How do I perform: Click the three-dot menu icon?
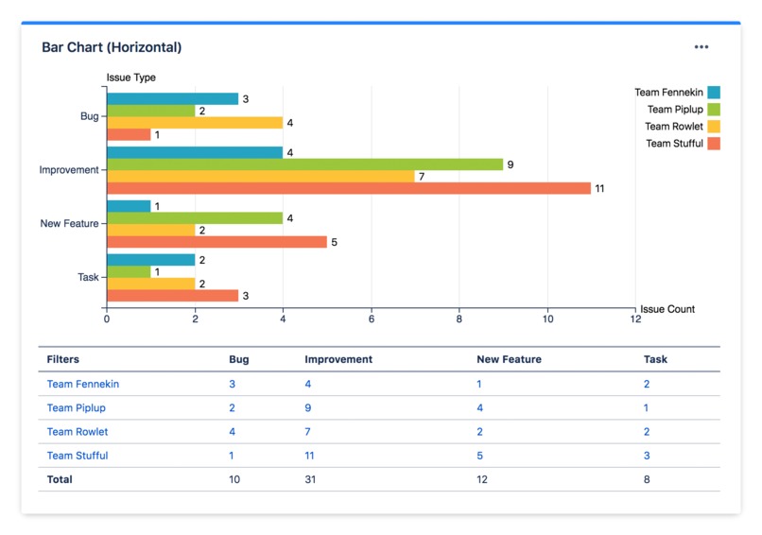coord(701,46)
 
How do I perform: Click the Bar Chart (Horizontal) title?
coord(112,47)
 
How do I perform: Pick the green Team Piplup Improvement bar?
coord(304,164)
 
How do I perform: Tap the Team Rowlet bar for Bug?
coord(195,123)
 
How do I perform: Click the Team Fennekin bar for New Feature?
coord(129,206)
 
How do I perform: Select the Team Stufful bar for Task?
coord(172,296)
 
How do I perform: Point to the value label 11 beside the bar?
coord(599,189)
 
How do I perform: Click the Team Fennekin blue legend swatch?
coord(714,93)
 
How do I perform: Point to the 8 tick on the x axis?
coord(459,319)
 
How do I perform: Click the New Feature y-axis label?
coord(69,224)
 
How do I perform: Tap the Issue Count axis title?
coord(667,309)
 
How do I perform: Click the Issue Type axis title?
coord(130,78)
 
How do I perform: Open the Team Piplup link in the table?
coord(77,408)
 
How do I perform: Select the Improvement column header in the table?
coord(338,359)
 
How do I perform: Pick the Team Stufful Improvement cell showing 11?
coord(310,456)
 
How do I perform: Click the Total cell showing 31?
coord(310,479)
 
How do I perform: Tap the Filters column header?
coord(63,359)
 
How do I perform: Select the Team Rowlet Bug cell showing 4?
coord(233,432)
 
